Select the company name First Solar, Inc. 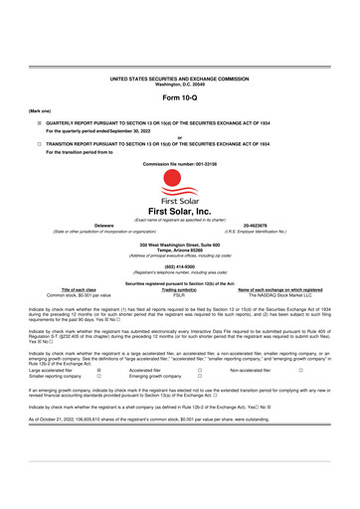tap(179, 213)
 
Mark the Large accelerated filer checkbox tap(99, 367)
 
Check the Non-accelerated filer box tap(300, 367)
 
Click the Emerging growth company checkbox tap(199, 374)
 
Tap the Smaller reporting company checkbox tap(99, 374)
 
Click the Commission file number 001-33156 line tap(179, 162)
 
